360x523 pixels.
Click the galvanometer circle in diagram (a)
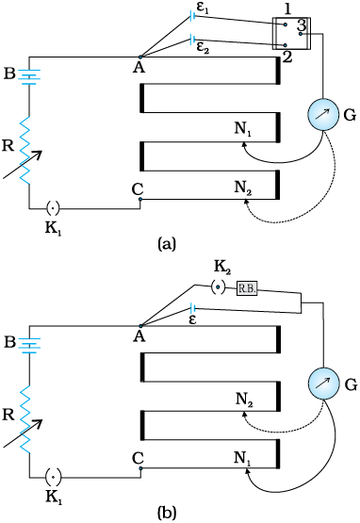pos(322,114)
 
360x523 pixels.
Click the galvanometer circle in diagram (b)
pos(322,384)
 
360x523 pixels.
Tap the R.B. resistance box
pos(247,288)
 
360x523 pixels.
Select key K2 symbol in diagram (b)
pos(219,286)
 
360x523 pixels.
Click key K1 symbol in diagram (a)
pos(53,209)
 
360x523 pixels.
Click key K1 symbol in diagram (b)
pos(53,478)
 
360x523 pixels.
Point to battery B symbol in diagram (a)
pos(29,76)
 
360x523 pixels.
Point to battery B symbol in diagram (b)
pos(29,345)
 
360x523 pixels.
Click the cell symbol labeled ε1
pos(192,15)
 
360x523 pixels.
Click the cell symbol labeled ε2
pos(192,40)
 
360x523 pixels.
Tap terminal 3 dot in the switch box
pos(301,34)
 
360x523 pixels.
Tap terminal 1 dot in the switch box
pos(285,25)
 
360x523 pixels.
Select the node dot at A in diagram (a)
pos(140,57)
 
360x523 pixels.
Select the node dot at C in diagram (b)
pos(140,468)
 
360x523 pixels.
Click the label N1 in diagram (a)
pos(243,128)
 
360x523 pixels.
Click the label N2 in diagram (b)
pos(244,399)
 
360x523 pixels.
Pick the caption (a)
pos(166,243)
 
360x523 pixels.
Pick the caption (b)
pos(166,512)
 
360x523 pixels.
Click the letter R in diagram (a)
pos(8,145)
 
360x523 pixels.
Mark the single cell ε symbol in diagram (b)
pos(192,308)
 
